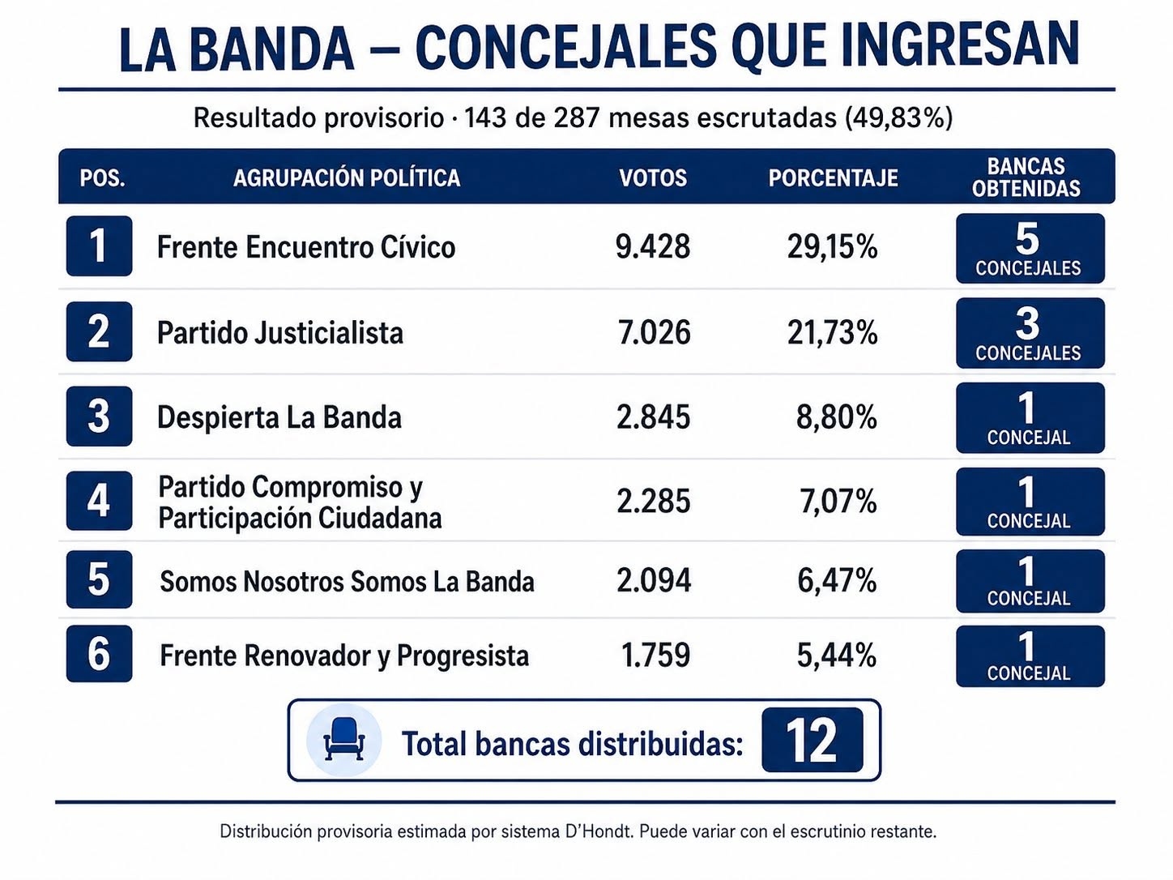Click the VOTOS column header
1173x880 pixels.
pyautogui.click(x=652, y=178)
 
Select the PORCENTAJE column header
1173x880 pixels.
pyautogui.click(x=833, y=178)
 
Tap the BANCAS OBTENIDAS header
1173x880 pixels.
pyautogui.click(x=1026, y=177)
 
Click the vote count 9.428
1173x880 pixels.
pyautogui.click(x=652, y=247)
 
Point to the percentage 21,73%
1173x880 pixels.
pyautogui.click(x=832, y=332)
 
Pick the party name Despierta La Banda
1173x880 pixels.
pyautogui.click(x=279, y=417)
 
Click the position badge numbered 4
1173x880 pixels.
pyautogui.click(x=99, y=501)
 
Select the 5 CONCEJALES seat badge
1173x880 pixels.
pyautogui.click(x=1030, y=249)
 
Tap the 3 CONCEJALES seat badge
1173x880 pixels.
pyautogui.click(x=1030, y=333)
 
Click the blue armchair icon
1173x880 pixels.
pyautogui.click(x=344, y=739)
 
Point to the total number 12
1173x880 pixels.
pyautogui.click(x=812, y=740)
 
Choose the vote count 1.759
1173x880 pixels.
pyautogui.click(x=655, y=655)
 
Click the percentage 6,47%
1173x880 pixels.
pyautogui.click(x=836, y=580)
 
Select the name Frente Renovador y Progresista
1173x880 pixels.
pyautogui.click(x=344, y=656)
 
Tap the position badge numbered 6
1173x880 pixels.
pyautogui.click(x=99, y=653)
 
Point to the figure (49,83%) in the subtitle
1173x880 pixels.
pyautogui.click(x=899, y=117)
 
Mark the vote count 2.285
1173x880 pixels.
pyautogui.click(x=653, y=501)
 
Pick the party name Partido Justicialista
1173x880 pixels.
pyautogui.click(x=280, y=333)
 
